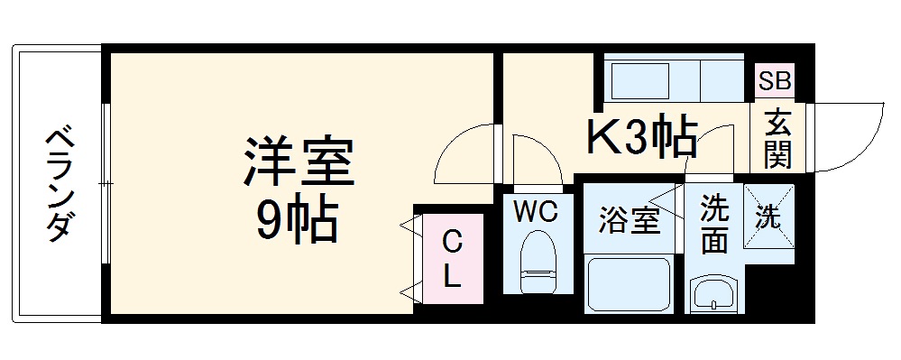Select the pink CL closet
click(x=450, y=259)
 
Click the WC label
click(x=537, y=212)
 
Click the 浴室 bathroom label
click(x=629, y=220)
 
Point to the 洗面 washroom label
click(x=713, y=226)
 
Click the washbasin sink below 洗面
click(x=714, y=294)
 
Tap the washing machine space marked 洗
click(x=769, y=217)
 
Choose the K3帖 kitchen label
click(x=641, y=135)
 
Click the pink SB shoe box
click(x=775, y=81)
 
